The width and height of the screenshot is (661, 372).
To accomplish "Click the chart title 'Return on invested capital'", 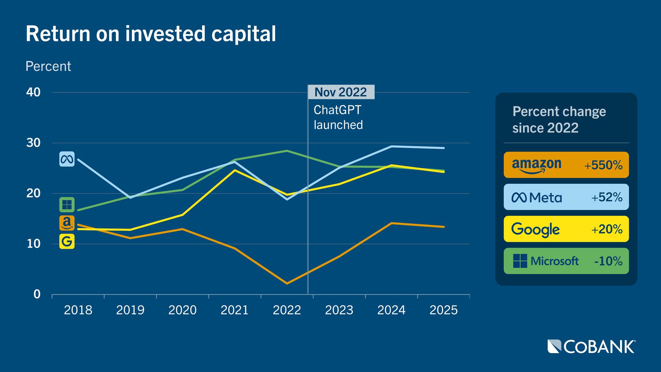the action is (x=150, y=34).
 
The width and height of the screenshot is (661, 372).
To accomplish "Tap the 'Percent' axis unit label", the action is (x=48, y=66).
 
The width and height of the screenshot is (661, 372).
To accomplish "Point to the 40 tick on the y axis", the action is (x=33, y=92).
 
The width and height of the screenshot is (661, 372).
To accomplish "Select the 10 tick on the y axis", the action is (x=33, y=244).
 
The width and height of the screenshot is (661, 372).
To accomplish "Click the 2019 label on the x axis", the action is (x=130, y=310).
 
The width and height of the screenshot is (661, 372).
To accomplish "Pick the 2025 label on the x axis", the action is (x=443, y=310).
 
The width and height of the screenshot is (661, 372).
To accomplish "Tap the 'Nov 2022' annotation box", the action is (x=341, y=92).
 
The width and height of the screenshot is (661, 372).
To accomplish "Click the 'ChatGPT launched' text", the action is (x=338, y=117).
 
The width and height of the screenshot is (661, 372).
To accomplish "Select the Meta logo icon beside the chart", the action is (x=67, y=159).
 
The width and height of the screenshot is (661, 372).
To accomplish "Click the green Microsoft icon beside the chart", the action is (x=67, y=205).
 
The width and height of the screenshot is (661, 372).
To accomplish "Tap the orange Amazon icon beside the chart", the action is (x=67, y=223).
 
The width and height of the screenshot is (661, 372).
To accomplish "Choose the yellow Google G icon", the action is (x=67, y=241).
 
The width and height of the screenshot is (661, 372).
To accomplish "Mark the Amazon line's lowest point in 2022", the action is (x=287, y=283).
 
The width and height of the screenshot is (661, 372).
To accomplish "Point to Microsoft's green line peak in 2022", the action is (x=287, y=151).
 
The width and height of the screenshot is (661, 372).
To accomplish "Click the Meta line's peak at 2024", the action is (x=391, y=146).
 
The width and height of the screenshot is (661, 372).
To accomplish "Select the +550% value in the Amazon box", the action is (x=603, y=165).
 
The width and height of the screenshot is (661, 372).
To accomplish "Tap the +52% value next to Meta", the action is (x=607, y=197).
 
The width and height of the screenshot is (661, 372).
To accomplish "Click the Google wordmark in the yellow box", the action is (x=535, y=229).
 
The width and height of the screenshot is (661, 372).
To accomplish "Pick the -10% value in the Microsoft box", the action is (x=608, y=261).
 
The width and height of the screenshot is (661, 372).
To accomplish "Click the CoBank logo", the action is (x=591, y=347).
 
